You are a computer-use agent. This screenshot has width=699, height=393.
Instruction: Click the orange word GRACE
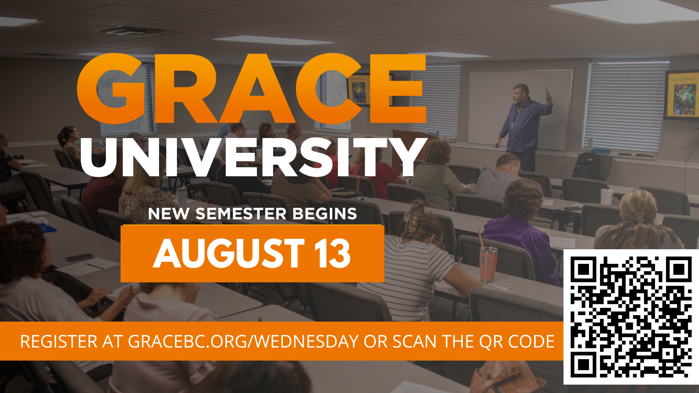251,88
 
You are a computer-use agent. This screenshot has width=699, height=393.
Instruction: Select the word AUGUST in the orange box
229,254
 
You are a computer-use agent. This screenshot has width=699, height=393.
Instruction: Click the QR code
631,317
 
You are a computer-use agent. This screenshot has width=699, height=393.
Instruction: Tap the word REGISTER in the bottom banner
59,342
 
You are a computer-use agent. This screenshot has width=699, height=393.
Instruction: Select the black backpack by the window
587,165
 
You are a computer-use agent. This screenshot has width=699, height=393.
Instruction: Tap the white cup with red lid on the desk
607,196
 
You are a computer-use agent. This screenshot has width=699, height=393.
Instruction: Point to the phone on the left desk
79,257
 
